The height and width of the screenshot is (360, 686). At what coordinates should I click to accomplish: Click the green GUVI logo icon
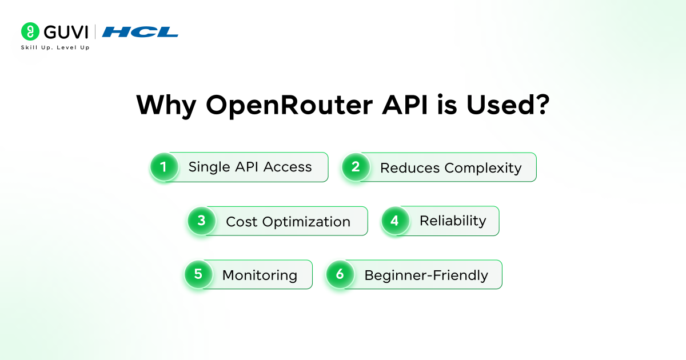pos(30,31)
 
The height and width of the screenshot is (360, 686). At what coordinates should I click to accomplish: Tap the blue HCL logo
pos(140,32)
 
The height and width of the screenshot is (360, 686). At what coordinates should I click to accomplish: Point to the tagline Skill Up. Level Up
pos(55,47)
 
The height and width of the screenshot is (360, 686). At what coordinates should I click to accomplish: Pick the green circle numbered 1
pos(164,167)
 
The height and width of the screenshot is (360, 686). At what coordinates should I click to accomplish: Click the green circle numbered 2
pos(356,167)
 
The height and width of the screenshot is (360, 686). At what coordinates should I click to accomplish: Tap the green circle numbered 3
pos(201,221)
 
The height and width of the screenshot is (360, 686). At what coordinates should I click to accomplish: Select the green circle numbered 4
pos(395,221)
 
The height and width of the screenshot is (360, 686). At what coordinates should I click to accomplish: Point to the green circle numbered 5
pos(198,274)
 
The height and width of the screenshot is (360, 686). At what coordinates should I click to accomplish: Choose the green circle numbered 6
pos(340,274)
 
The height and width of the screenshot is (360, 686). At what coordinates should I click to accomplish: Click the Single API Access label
pos(250,167)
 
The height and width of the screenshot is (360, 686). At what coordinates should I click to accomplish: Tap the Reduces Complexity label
pos(450,167)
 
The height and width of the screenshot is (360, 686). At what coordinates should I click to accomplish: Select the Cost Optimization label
pos(288,222)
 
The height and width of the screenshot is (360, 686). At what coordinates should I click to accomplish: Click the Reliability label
pos(453,221)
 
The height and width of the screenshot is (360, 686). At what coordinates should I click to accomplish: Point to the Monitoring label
pos(260,275)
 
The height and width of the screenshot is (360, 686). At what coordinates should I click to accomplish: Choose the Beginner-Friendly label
pos(426,275)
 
